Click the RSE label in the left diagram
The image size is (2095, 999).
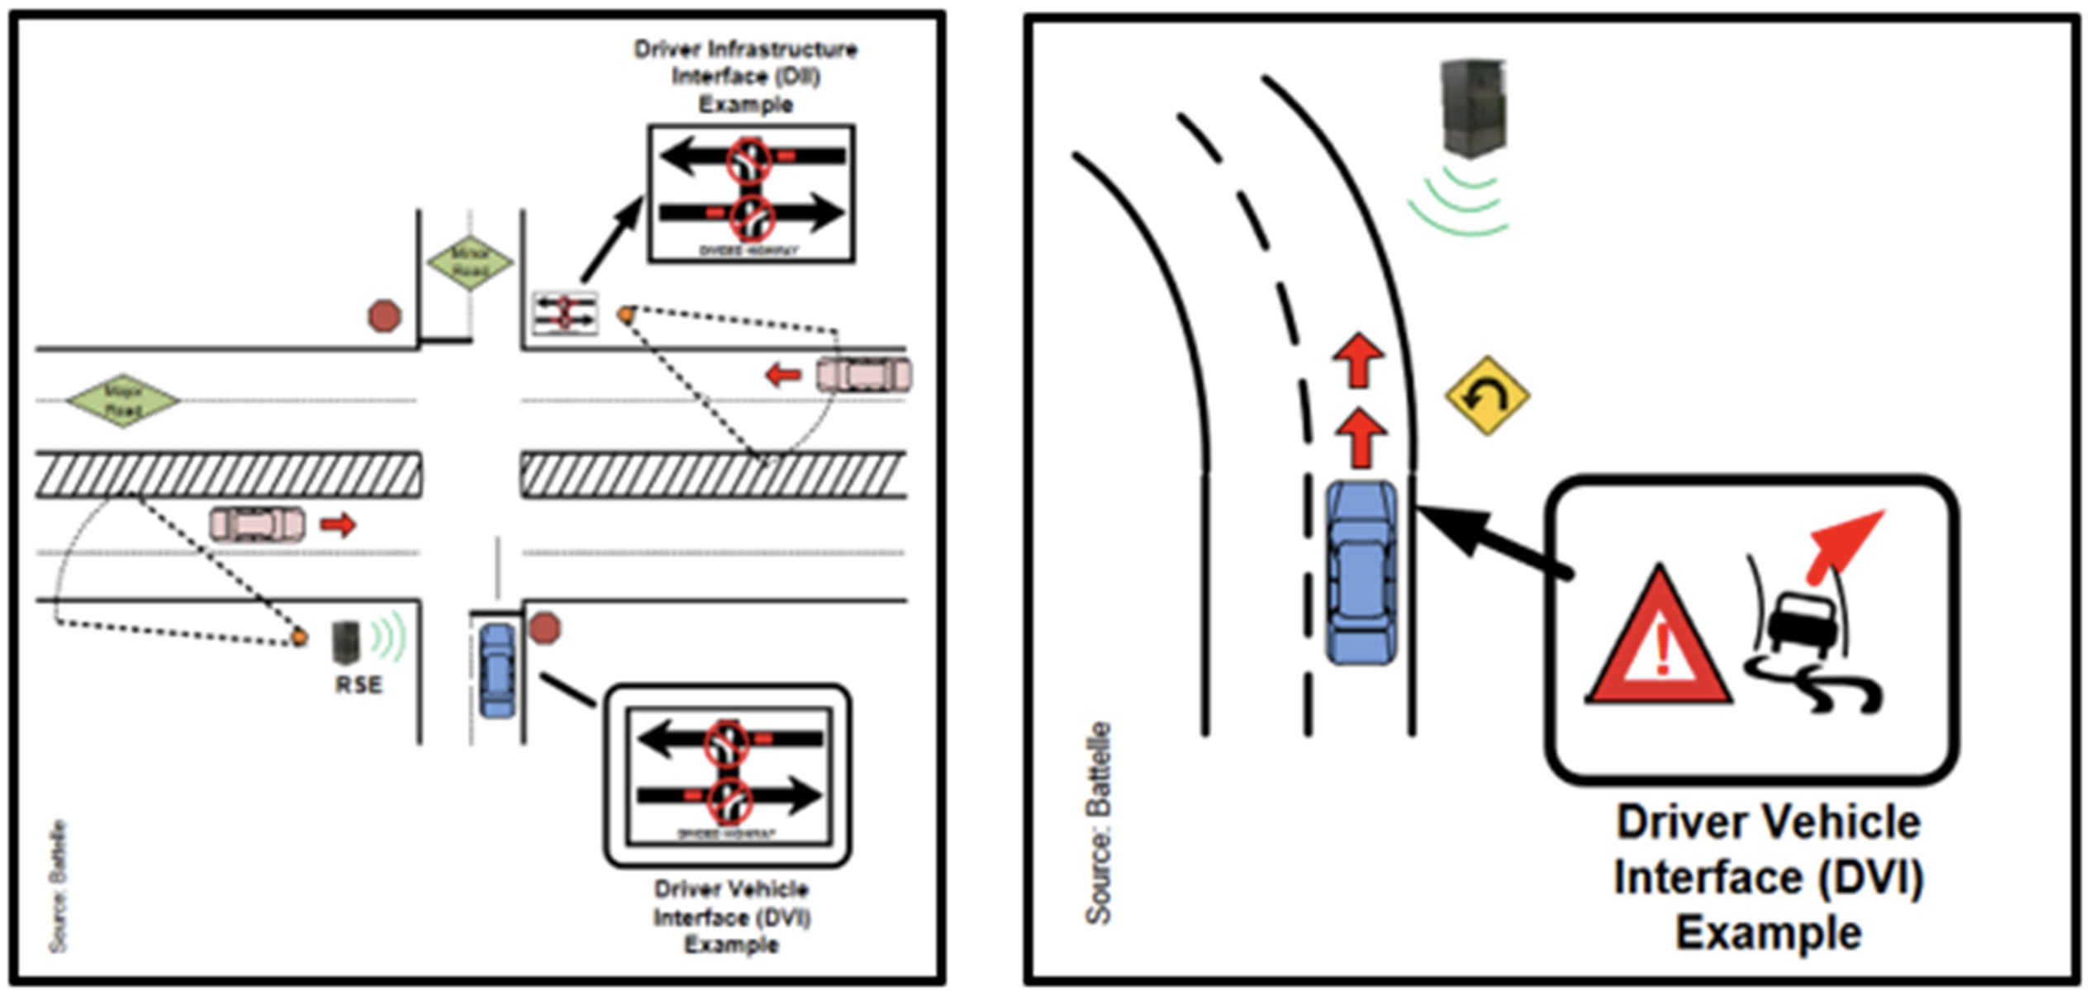click(359, 684)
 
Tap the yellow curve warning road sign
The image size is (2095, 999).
click(1487, 396)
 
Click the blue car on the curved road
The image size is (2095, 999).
click(1361, 573)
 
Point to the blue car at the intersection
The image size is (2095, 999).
click(496, 670)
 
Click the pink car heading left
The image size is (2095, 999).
click(863, 375)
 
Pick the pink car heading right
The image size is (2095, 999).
click(257, 524)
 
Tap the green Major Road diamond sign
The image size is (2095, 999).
click(123, 400)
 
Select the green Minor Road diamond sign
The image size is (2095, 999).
click(470, 263)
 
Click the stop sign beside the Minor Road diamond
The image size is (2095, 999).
click(384, 315)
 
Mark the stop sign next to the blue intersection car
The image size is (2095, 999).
click(544, 628)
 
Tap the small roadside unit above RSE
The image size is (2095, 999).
click(345, 642)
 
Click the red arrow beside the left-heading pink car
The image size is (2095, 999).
click(782, 376)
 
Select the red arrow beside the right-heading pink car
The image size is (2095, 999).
click(338, 524)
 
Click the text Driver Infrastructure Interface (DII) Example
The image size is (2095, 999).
click(745, 77)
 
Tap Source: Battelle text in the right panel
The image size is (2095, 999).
click(1099, 822)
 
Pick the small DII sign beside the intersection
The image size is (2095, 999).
click(565, 314)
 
